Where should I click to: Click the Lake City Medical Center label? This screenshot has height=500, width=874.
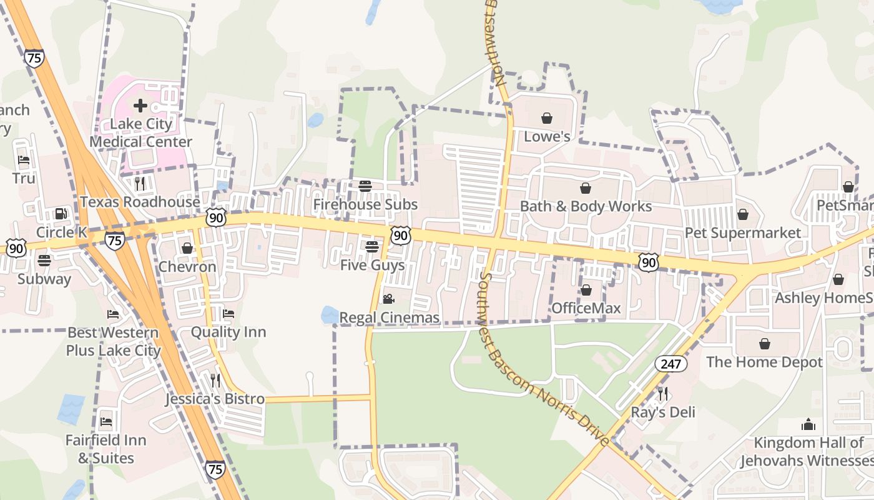coord(140,132)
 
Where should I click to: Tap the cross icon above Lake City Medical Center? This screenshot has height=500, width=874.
coord(140,105)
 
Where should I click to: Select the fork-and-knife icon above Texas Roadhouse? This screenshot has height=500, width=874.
coord(140,183)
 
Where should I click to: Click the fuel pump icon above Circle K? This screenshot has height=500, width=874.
coord(61,214)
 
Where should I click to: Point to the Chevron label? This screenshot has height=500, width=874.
coord(187,267)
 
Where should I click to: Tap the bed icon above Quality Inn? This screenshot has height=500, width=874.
coord(228,314)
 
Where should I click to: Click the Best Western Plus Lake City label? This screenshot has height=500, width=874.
coord(114,341)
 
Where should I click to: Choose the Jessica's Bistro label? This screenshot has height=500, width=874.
coord(215,399)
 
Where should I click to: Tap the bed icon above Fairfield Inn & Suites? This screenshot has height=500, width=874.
coord(106,422)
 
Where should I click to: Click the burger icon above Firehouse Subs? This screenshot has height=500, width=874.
coord(365,186)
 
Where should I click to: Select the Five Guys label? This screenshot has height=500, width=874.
coord(372,265)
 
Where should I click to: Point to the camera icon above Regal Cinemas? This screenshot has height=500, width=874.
coord(388,299)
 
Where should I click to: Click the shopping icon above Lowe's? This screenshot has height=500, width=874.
coord(547,118)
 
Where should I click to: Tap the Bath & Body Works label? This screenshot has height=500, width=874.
coord(586,206)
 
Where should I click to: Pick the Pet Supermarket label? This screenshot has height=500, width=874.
coord(743,232)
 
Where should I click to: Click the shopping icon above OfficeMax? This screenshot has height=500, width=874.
coord(586,290)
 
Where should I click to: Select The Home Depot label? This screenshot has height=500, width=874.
coord(764,362)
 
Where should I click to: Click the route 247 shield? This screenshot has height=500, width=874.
coord(671,363)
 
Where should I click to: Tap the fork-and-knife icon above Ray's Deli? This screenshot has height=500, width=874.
coord(663,394)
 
